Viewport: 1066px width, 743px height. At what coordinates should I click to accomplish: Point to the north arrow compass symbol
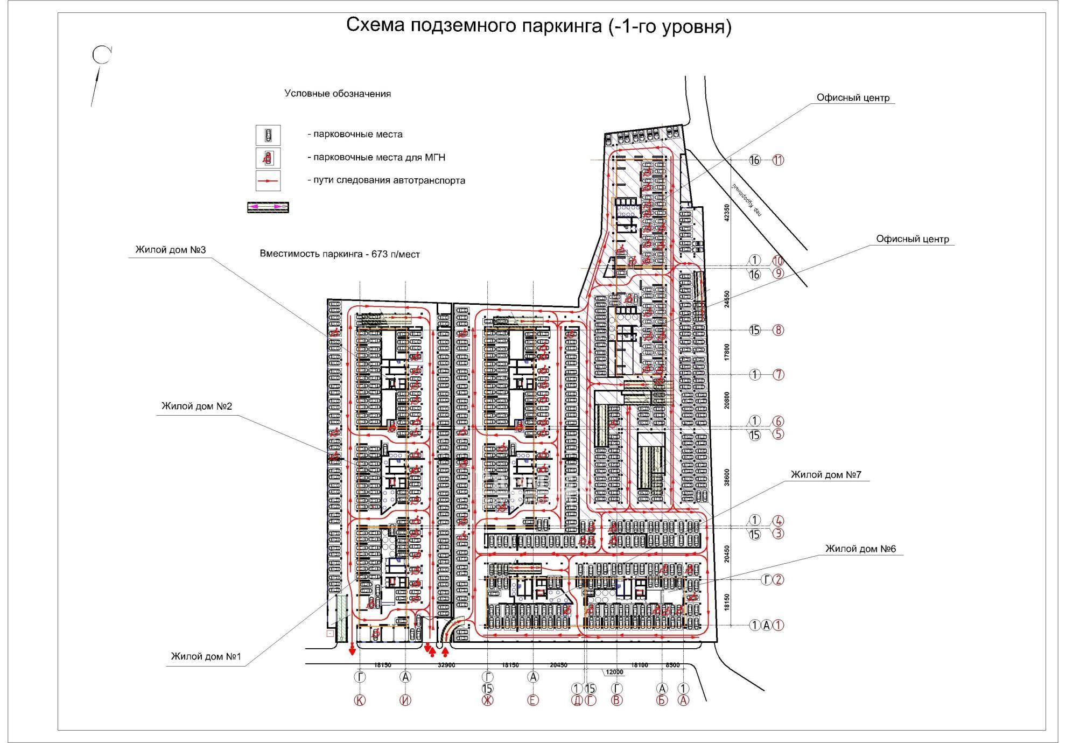coord(101,55)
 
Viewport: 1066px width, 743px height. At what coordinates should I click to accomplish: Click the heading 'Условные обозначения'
coord(338,94)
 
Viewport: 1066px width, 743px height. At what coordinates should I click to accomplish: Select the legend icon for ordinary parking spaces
coord(268,135)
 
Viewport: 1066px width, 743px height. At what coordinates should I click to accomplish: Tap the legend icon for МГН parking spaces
coord(268,158)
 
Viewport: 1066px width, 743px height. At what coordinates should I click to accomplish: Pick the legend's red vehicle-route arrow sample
coord(268,181)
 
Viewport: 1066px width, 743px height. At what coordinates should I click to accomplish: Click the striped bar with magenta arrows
coord(268,207)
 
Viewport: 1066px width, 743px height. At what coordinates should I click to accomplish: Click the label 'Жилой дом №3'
coord(171,250)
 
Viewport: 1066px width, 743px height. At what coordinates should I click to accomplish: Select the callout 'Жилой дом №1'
coord(206,656)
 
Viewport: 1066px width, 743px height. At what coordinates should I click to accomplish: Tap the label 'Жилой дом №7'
coord(826,475)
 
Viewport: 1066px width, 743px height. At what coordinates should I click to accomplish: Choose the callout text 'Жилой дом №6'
coord(861,549)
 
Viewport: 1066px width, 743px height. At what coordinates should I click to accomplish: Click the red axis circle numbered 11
coord(778,160)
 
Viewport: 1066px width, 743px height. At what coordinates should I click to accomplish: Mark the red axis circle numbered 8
coord(778,330)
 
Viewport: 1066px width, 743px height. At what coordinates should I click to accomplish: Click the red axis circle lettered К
coord(359,700)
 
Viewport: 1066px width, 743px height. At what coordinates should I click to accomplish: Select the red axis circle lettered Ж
coord(487,700)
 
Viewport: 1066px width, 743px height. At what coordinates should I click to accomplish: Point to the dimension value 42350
coord(727,213)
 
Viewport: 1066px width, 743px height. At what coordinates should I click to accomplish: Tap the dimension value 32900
coord(446,665)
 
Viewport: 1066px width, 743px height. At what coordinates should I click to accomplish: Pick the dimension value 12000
coord(614,672)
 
